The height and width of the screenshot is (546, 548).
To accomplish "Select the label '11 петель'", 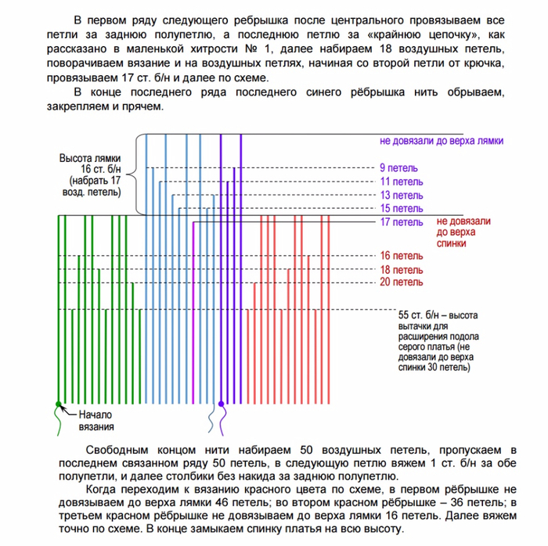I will tap(401, 181).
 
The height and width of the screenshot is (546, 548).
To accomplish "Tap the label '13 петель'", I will tap(401, 195).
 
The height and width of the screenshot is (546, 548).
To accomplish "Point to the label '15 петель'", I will tap(401, 208).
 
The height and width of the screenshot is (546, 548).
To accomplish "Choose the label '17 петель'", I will tap(401, 222).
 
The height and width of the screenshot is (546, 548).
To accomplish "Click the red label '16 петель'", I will tap(401, 256).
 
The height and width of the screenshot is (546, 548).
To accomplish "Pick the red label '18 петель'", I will tap(401, 269).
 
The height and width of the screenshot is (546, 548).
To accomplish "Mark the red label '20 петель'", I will tap(401, 282).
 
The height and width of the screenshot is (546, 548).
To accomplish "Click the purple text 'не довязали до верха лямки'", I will tap(442, 141).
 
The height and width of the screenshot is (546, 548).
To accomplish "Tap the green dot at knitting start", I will tap(58, 404).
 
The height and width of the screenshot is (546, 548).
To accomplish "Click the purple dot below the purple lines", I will tap(222, 404).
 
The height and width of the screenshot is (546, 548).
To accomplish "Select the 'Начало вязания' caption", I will tap(96, 421).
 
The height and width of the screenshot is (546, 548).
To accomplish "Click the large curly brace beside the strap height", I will tap(140, 174).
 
